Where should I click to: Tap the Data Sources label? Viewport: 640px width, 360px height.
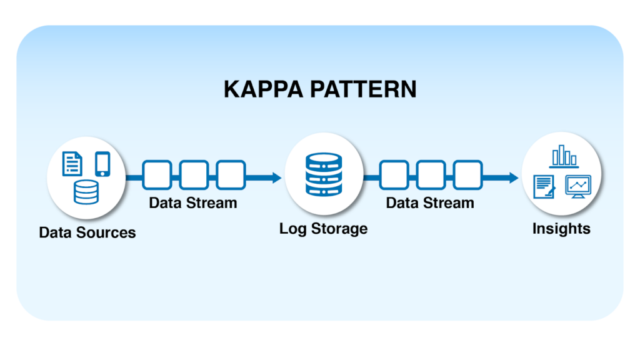click(87, 232)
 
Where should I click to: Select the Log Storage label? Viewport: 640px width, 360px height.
click(323, 228)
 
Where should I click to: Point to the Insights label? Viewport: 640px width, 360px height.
click(561, 229)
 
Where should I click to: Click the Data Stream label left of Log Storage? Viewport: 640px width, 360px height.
click(193, 202)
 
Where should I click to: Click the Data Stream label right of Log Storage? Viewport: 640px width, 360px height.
click(430, 202)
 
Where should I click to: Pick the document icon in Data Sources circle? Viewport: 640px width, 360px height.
click(72, 164)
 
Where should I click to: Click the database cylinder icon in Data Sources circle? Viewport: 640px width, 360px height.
click(86, 192)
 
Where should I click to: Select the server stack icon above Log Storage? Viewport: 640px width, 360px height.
click(323, 174)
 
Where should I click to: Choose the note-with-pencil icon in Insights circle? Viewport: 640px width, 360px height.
click(544, 187)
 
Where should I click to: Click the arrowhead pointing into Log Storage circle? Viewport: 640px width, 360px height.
click(276, 177)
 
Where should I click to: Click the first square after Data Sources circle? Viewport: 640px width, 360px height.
click(157, 175)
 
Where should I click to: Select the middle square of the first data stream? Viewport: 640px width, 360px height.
click(194, 175)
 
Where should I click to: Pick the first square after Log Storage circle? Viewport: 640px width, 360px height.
click(394, 175)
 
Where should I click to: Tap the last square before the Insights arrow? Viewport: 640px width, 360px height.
click(467, 175)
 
